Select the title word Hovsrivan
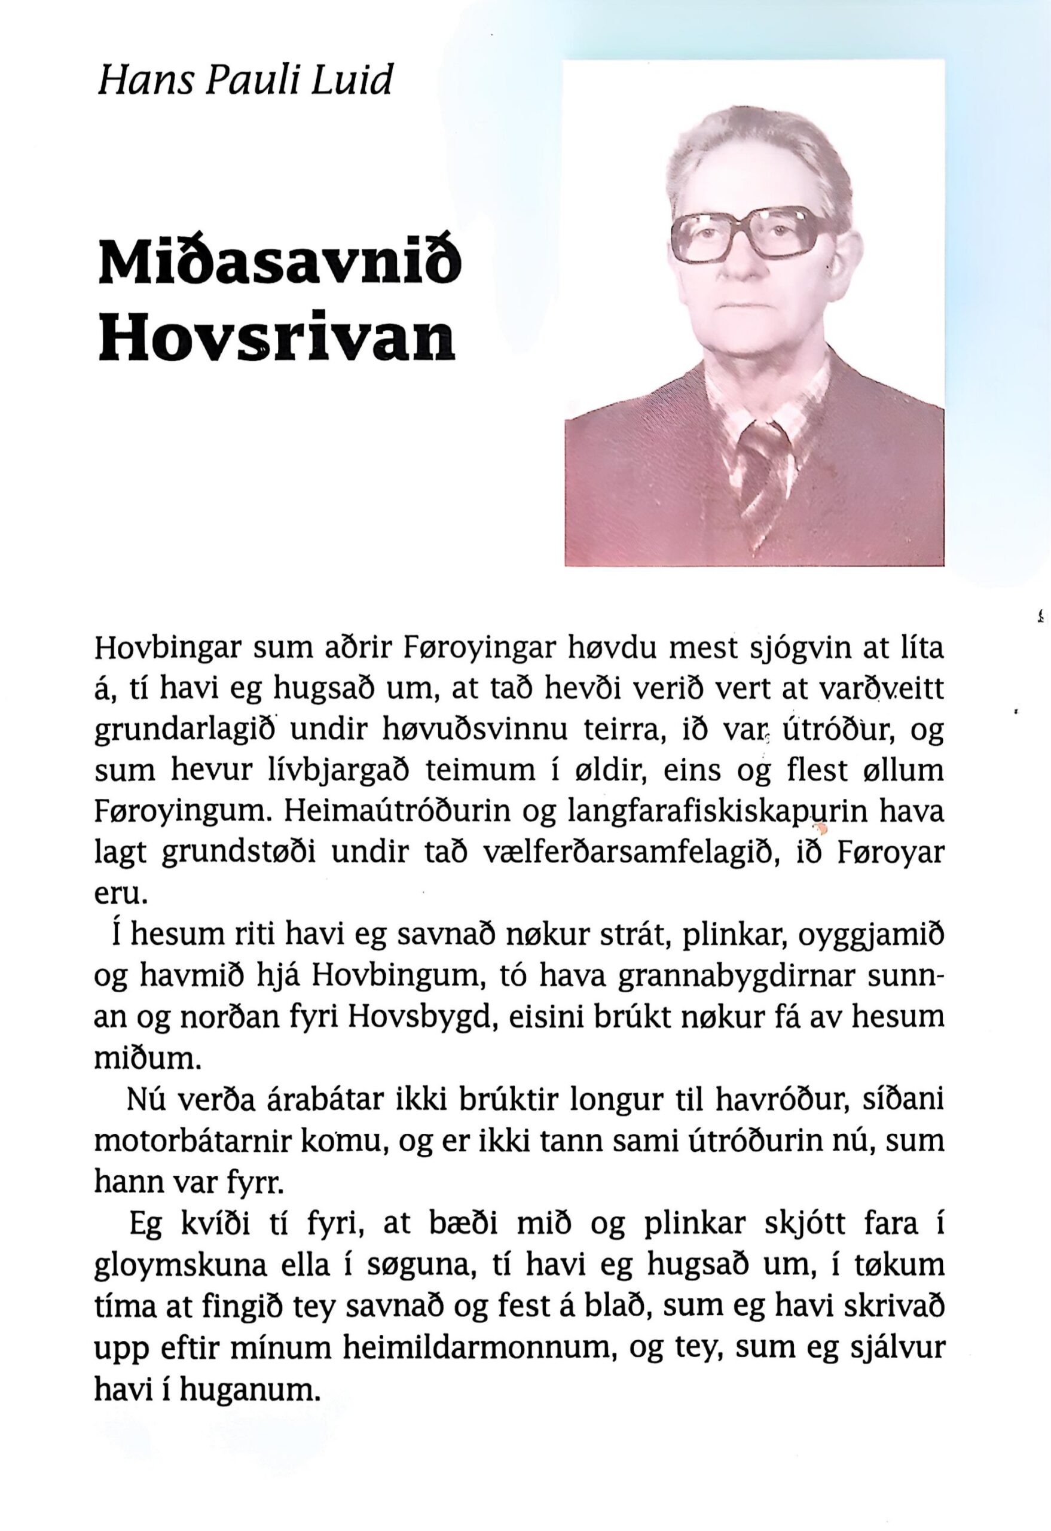click(277, 340)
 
